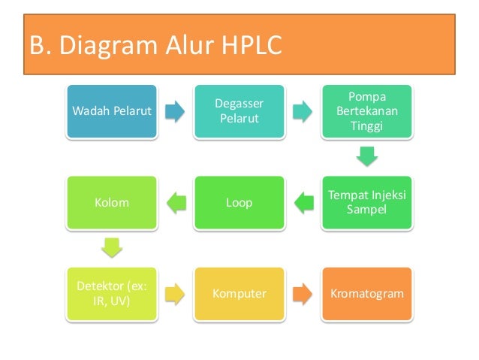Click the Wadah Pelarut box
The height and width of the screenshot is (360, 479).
pyautogui.click(x=111, y=112)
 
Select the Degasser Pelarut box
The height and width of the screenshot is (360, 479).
pyautogui.click(x=239, y=112)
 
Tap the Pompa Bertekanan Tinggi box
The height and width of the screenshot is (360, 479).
pyautogui.click(x=366, y=112)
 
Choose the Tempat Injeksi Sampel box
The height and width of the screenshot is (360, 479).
pyautogui.click(x=366, y=202)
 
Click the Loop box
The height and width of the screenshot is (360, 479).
pyautogui.click(x=239, y=202)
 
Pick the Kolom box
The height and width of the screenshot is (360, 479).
pyautogui.click(x=111, y=202)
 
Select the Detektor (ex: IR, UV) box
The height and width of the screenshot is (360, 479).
pyautogui.click(x=111, y=292)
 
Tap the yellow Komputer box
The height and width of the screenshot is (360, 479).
pyautogui.click(x=239, y=292)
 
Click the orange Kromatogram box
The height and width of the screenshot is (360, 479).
pyautogui.click(x=366, y=292)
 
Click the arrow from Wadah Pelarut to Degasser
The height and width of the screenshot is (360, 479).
pyautogui.click(x=175, y=112)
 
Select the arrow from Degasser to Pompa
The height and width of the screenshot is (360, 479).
pyautogui.click(x=303, y=112)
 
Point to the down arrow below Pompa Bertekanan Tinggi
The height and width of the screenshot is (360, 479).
pyautogui.click(x=366, y=157)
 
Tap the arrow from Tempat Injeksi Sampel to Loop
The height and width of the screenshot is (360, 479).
pyautogui.click(x=303, y=201)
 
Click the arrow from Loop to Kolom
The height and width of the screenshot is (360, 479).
pyautogui.click(x=175, y=201)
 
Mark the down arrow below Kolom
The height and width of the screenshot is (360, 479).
pyautogui.click(x=111, y=247)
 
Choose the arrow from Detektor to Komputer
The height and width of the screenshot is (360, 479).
pyautogui.click(x=175, y=292)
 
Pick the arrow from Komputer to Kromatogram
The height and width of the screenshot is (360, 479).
pyautogui.click(x=303, y=292)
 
